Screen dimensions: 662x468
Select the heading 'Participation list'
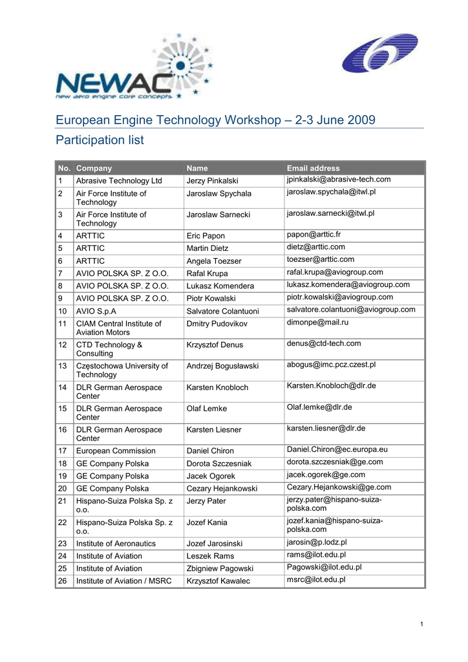point(100,140)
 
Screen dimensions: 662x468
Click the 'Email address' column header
point(313,168)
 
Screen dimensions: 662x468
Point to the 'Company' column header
point(94,168)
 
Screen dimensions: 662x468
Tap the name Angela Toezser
point(213,261)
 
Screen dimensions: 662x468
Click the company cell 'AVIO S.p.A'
point(96,311)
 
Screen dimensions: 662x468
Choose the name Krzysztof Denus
point(215,345)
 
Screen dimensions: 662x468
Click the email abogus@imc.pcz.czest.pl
point(331,365)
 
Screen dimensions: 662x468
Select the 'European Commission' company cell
point(116,451)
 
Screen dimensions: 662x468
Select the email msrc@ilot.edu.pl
point(316,579)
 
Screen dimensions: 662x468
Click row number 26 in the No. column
point(63,581)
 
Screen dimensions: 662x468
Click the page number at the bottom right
point(421,623)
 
